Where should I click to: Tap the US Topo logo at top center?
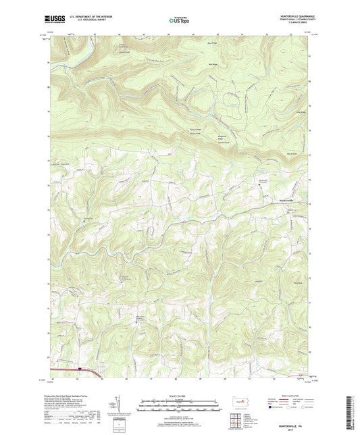[x=177, y=21]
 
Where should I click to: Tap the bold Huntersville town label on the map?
[x=269, y=199]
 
